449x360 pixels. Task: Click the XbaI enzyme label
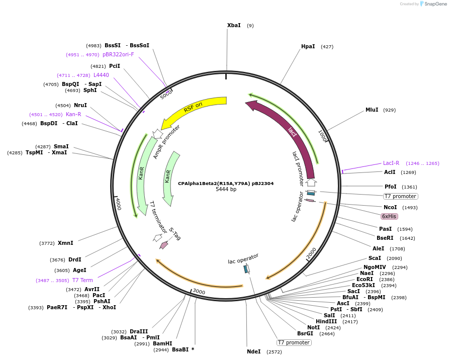click(x=234, y=25)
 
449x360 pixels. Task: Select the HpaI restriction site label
click(x=308, y=46)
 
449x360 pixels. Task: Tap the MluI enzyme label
click(x=372, y=110)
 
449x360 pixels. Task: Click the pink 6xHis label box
click(x=389, y=216)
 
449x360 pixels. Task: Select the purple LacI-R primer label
click(x=391, y=163)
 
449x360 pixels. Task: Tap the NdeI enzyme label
click(x=253, y=351)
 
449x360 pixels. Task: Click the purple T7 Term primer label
click(x=82, y=280)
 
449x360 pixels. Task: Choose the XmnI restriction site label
click(x=65, y=243)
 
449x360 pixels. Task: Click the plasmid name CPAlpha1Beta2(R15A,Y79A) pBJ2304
click(x=226, y=184)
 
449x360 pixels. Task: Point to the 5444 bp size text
click(x=226, y=190)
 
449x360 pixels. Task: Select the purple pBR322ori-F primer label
click(x=118, y=54)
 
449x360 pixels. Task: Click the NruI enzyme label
click(x=80, y=105)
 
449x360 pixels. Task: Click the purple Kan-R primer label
click(x=73, y=114)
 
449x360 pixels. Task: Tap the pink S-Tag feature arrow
click(x=164, y=245)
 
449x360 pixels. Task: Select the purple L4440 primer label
click(x=101, y=75)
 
